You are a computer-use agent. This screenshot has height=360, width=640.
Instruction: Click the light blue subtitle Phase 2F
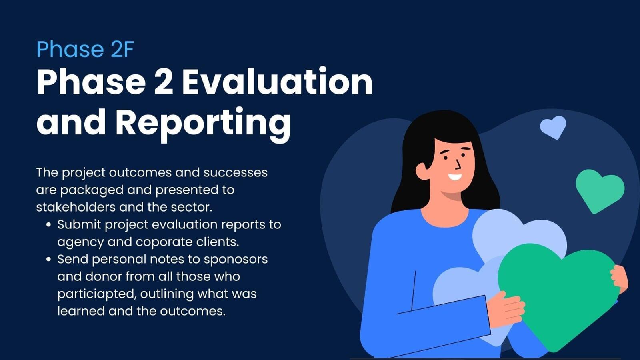[85, 50]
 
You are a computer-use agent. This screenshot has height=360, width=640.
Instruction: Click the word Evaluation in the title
[277, 82]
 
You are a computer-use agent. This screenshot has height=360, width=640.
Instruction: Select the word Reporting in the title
[203, 123]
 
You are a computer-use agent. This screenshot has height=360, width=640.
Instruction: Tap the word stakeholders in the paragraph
[76, 207]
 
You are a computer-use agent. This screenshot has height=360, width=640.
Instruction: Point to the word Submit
[79, 224]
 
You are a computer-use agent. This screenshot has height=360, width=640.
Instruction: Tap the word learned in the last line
[81, 311]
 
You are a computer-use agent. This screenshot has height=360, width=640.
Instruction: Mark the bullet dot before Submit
[48, 225]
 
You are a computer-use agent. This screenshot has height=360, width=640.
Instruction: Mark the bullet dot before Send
[48, 260]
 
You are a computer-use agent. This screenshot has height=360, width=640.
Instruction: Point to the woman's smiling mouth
[455, 177]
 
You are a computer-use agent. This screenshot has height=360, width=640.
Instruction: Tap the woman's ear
[422, 171]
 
